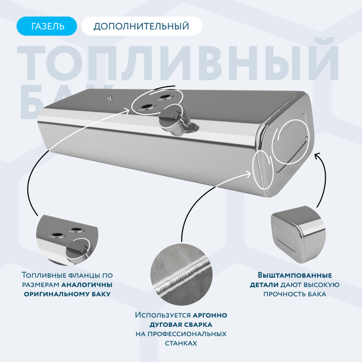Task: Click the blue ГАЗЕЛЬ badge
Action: click(47, 26)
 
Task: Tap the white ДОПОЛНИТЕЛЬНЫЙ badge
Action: click(142, 26)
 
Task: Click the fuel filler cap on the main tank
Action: click(174, 119)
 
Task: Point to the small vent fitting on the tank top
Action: click(110, 98)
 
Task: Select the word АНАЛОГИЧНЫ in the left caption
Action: click(87, 284)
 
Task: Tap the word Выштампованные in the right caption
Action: click(295, 275)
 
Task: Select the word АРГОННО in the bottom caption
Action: click(210, 315)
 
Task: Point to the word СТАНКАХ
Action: click(181, 343)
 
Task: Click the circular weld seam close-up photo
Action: click(181, 274)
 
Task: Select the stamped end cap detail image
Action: click(298, 234)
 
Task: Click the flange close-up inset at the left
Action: click(67, 240)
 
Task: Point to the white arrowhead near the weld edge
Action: click(248, 174)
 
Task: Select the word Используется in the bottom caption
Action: click(163, 315)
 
